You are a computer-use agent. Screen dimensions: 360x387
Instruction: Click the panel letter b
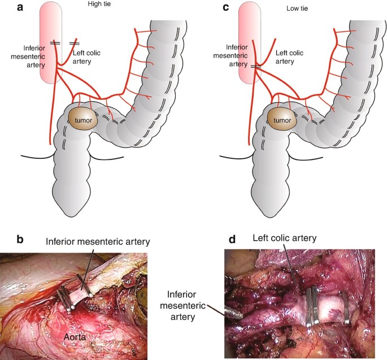[21, 238]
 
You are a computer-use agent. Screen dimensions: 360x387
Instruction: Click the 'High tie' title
[99, 5]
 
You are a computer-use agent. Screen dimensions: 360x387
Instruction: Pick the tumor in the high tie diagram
[84, 120]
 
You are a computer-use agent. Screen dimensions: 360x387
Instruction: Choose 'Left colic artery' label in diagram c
[289, 57]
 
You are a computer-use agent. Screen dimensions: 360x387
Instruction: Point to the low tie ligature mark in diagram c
[256, 66]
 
